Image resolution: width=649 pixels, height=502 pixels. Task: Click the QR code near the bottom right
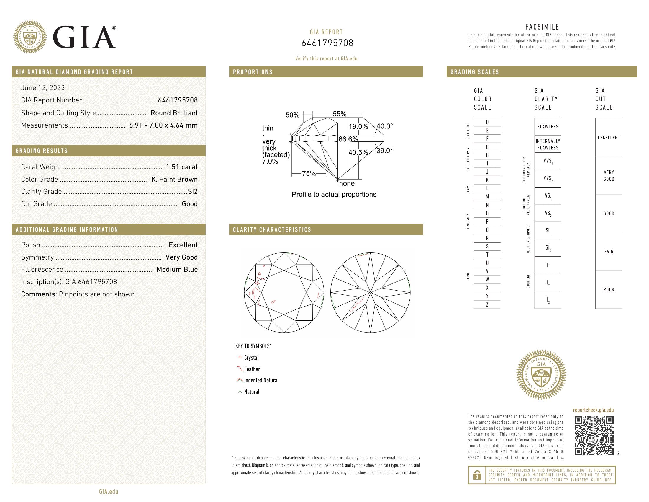pos(594,436)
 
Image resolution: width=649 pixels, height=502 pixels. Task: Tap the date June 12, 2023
pos(43,88)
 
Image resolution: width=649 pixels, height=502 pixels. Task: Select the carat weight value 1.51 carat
pos(181,167)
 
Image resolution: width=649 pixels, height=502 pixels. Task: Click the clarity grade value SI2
pos(193,192)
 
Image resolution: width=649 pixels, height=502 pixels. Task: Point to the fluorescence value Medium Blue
pos(177,269)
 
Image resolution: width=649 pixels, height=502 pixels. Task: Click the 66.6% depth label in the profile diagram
pos(348,139)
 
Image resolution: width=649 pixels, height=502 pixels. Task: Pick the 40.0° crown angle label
pos(384,126)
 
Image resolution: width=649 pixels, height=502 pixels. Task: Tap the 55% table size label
pos(339,114)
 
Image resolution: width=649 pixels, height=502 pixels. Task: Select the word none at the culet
pos(347,183)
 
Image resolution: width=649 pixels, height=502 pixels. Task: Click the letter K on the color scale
pos(487,180)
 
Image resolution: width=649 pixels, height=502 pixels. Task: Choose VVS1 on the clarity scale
pos(548,161)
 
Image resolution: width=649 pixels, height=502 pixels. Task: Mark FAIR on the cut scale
pos(609,252)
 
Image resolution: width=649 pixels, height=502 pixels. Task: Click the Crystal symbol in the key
pos(240,358)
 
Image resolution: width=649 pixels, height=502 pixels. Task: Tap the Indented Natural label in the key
pos(261,380)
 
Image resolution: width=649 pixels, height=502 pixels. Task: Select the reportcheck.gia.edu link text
pos(593,410)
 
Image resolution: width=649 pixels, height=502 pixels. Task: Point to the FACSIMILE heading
pos(542,27)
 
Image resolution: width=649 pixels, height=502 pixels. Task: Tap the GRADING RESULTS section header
pos(42,151)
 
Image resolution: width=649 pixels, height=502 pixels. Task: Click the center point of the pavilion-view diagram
pos(370,293)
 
